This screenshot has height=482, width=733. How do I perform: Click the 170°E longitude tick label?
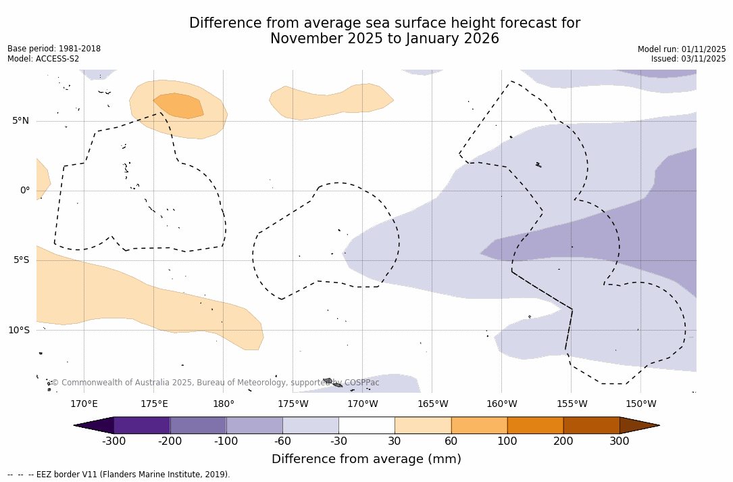[x=84, y=404]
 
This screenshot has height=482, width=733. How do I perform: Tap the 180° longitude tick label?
[x=224, y=404]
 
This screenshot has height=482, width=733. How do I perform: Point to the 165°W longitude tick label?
[x=432, y=404]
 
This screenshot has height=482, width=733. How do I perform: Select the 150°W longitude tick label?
[x=640, y=404]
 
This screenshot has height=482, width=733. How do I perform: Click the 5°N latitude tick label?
[x=20, y=121]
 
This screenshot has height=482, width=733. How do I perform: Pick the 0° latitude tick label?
[x=25, y=191]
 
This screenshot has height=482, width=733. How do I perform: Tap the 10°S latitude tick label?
[x=18, y=330]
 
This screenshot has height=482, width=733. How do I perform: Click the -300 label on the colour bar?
[x=113, y=441]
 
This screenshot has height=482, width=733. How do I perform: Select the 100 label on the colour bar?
[x=507, y=441]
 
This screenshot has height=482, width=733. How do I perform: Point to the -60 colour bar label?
[x=282, y=441]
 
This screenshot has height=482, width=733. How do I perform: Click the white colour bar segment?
[x=366, y=425]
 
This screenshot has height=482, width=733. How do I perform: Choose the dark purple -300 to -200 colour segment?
[x=142, y=425]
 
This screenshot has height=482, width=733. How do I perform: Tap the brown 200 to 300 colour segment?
[x=591, y=425]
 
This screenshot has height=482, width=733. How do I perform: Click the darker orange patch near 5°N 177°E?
[x=179, y=105]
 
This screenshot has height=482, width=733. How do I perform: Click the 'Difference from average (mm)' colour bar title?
[x=366, y=460]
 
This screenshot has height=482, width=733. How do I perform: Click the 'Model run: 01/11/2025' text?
[x=682, y=49]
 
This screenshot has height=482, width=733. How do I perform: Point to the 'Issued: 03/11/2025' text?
[x=688, y=59]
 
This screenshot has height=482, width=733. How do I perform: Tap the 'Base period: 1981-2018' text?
[x=54, y=49]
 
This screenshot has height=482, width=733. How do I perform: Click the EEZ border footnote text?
[x=118, y=475]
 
